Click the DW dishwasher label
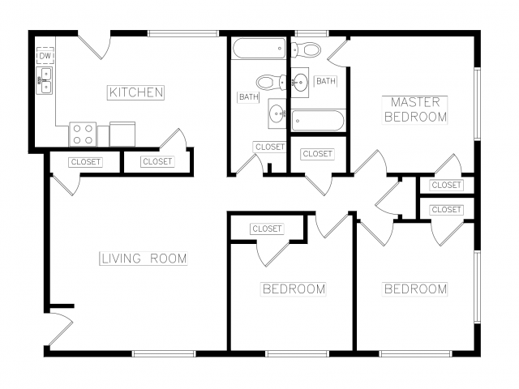[x=45, y=56]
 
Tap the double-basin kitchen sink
[x=44, y=81]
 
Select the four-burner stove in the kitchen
[x=83, y=135]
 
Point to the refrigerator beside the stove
[x=122, y=134]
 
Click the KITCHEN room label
[x=136, y=92]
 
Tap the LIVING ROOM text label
[x=144, y=259]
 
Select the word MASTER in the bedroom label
[x=415, y=102]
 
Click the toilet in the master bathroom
[x=307, y=50]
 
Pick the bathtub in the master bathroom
[x=318, y=121]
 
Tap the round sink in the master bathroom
[x=300, y=83]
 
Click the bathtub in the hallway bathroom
[x=259, y=49]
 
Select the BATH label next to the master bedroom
[x=326, y=81]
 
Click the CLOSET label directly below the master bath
[x=318, y=154]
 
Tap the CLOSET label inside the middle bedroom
[x=267, y=229]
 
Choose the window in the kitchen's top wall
[x=183, y=33]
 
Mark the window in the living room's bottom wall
[x=164, y=353]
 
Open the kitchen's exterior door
[x=94, y=45]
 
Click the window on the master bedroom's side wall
[x=477, y=104]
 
